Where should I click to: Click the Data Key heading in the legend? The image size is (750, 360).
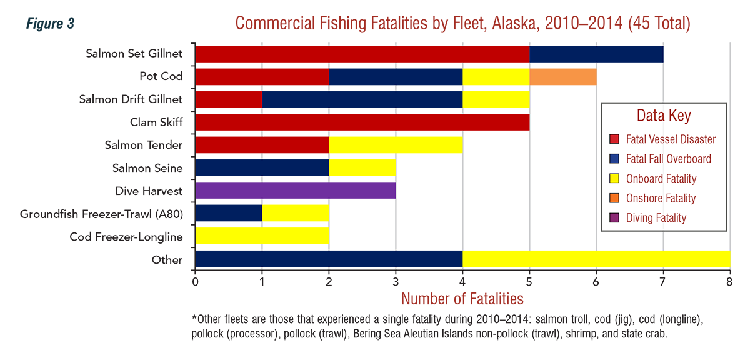point(664,116)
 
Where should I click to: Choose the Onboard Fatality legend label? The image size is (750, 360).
point(661,179)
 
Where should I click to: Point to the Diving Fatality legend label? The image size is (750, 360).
point(656,218)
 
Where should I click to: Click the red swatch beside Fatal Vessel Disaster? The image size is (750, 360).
point(614,139)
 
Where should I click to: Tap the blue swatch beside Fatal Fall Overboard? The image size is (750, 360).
point(614,159)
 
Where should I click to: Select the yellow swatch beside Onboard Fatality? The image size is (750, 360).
point(614,179)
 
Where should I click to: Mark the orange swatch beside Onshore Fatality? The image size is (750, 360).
point(614,198)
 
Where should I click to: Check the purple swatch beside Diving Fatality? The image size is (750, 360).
point(614,218)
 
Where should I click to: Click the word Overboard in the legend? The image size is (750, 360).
point(689,159)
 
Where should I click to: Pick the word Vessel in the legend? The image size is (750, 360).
point(665,139)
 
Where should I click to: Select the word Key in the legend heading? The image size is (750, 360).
point(681,116)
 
